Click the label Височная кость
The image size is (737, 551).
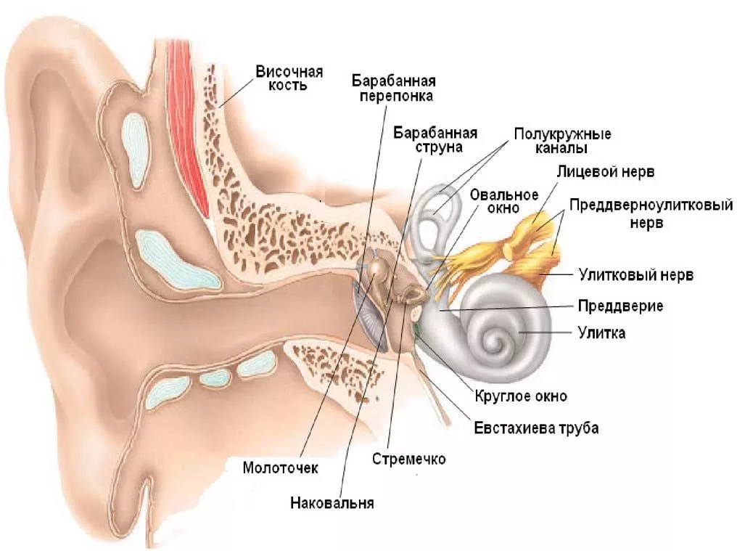(x=289, y=78)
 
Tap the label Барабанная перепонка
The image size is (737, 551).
(x=397, y=87)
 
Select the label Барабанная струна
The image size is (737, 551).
(x=435, y=140)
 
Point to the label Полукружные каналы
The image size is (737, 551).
(x=562, y=141)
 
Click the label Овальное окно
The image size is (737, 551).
(x=503, y=201)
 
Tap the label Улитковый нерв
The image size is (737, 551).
(x=635, y=275)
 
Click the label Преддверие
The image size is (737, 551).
(x=620, y=305)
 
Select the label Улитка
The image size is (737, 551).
(x=601, y=333)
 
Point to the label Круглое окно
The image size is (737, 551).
(x=520, y=396)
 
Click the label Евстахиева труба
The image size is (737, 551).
(x=536, y=428)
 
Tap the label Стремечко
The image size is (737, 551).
(x=408, y=459)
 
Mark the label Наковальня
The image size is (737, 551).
(x=332, y=502)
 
